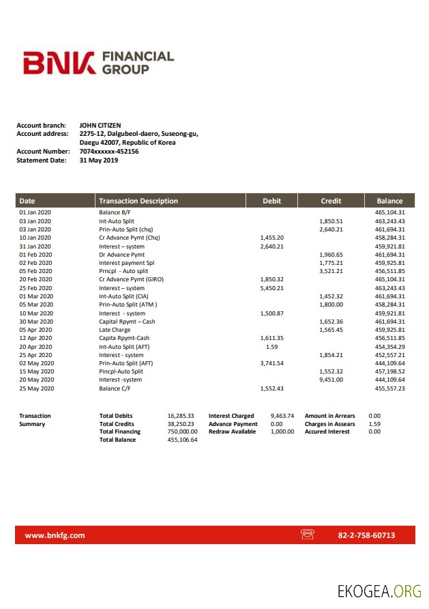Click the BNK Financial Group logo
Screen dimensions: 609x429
pos(98,63)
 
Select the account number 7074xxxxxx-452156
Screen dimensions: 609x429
pos(109,152)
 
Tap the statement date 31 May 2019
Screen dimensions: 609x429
pos(99,160)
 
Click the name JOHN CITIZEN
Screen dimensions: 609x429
pos(100,126)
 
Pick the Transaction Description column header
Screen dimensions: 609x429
pos(138,201)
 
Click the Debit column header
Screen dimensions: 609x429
pos(271,201)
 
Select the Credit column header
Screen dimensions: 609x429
pos(331,201)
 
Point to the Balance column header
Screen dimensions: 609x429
pos(389,201)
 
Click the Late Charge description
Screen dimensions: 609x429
pos(115,330)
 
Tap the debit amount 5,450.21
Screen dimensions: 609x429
pos(271,288)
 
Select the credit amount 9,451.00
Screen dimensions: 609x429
pos(331,380)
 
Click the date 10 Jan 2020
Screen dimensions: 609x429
pos(35,238)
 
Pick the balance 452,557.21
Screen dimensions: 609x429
pos(389,355)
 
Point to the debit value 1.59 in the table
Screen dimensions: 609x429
pos(271,347)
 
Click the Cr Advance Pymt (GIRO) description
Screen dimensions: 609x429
pos(131,279)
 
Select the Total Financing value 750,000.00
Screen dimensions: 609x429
pos(182,431)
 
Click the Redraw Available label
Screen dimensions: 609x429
pos(233,431)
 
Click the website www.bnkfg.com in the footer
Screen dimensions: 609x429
pos(55,535)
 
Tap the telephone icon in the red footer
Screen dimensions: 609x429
pos(307,535)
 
